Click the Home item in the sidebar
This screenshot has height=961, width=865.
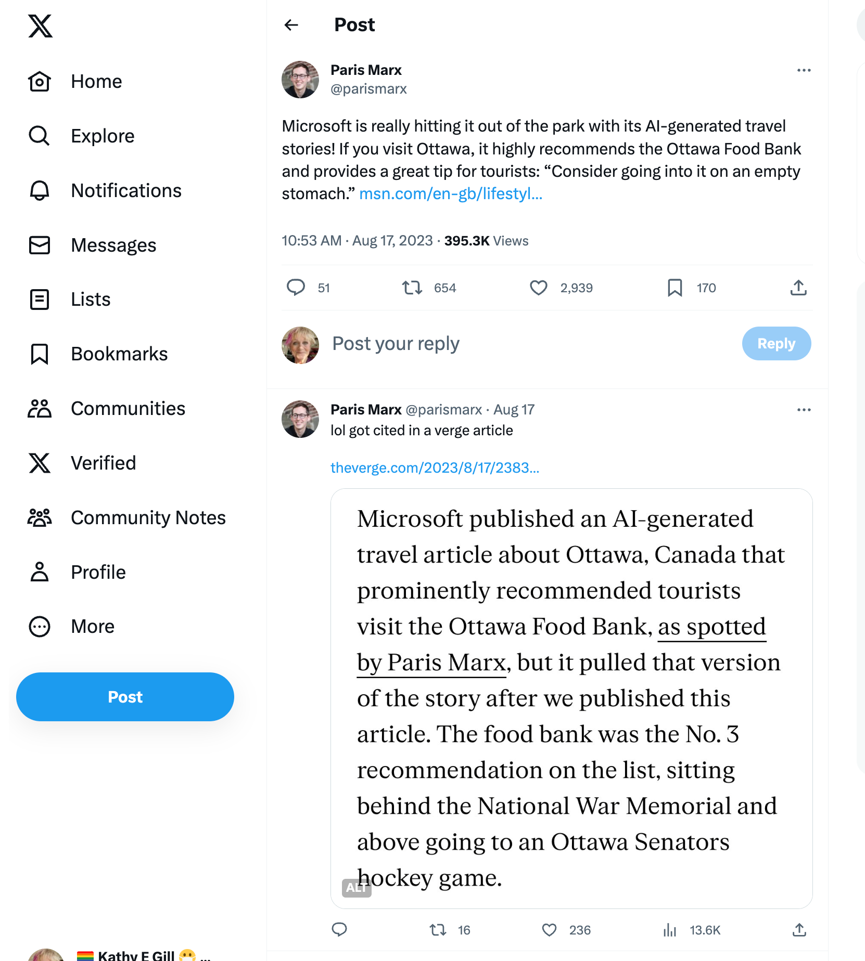96,82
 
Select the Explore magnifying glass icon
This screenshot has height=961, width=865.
39,136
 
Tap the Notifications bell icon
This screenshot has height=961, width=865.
39,190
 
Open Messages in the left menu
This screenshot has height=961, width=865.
113,245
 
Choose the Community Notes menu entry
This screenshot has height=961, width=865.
148,517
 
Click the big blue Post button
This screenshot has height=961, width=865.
125,696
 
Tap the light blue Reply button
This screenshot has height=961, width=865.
776,343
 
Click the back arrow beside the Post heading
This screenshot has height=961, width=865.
291,25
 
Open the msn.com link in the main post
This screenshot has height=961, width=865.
451,193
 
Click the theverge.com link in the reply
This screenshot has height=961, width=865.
435,467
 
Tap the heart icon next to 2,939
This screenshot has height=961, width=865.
538,288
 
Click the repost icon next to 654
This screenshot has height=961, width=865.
412,288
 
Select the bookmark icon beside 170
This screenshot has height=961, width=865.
675,288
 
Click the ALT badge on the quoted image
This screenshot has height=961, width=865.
356,888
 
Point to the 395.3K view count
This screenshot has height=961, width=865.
466,241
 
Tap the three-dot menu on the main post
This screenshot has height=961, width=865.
804,70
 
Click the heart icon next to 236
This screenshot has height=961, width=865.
549,930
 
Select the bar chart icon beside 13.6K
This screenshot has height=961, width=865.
670,930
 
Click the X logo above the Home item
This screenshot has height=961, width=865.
40,26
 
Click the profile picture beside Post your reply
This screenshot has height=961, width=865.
300,345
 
